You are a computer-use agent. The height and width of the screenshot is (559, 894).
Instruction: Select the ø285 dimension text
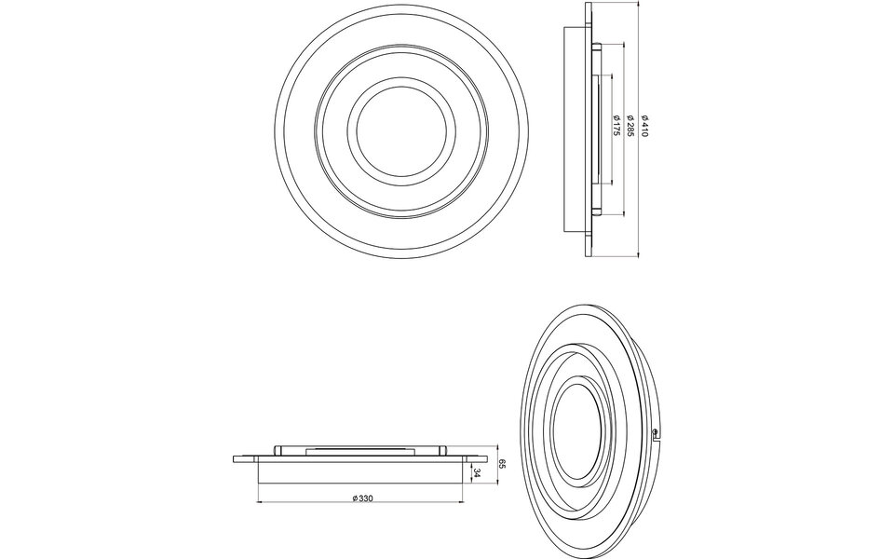pos(630,128)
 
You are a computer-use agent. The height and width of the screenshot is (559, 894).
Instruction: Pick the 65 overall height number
pos(502,462)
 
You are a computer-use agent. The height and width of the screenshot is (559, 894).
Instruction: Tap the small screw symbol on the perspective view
pos(658,431)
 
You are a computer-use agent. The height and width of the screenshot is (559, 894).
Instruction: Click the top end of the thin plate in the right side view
pos(588,6)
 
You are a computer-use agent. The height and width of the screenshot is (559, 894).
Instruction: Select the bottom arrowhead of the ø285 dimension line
pos(623,213)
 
